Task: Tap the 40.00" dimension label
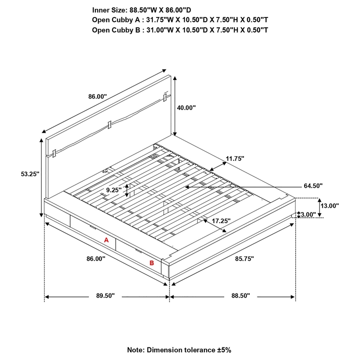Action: tap(186, 108)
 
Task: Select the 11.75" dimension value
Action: tap(235, 158)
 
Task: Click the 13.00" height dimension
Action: tap(329, 205)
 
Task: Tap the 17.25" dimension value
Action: tap(221, 221)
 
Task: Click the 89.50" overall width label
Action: tap(106, 296)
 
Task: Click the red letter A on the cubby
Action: tap(107, 240)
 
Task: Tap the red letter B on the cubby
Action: tap(152, 263)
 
